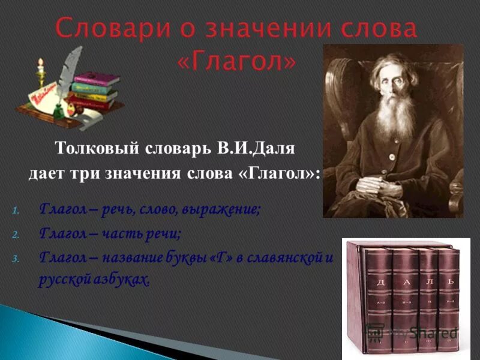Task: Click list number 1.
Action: pyautogui.click(x=17, y=211)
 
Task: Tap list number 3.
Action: pyautogui.click(x=17, y=259)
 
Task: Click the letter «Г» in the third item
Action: pyautogui.click(x=230, y=258)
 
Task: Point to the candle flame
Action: pyautogui.click(x=40, y=62)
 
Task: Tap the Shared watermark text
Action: pyautogui.click(x=432, y=332)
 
